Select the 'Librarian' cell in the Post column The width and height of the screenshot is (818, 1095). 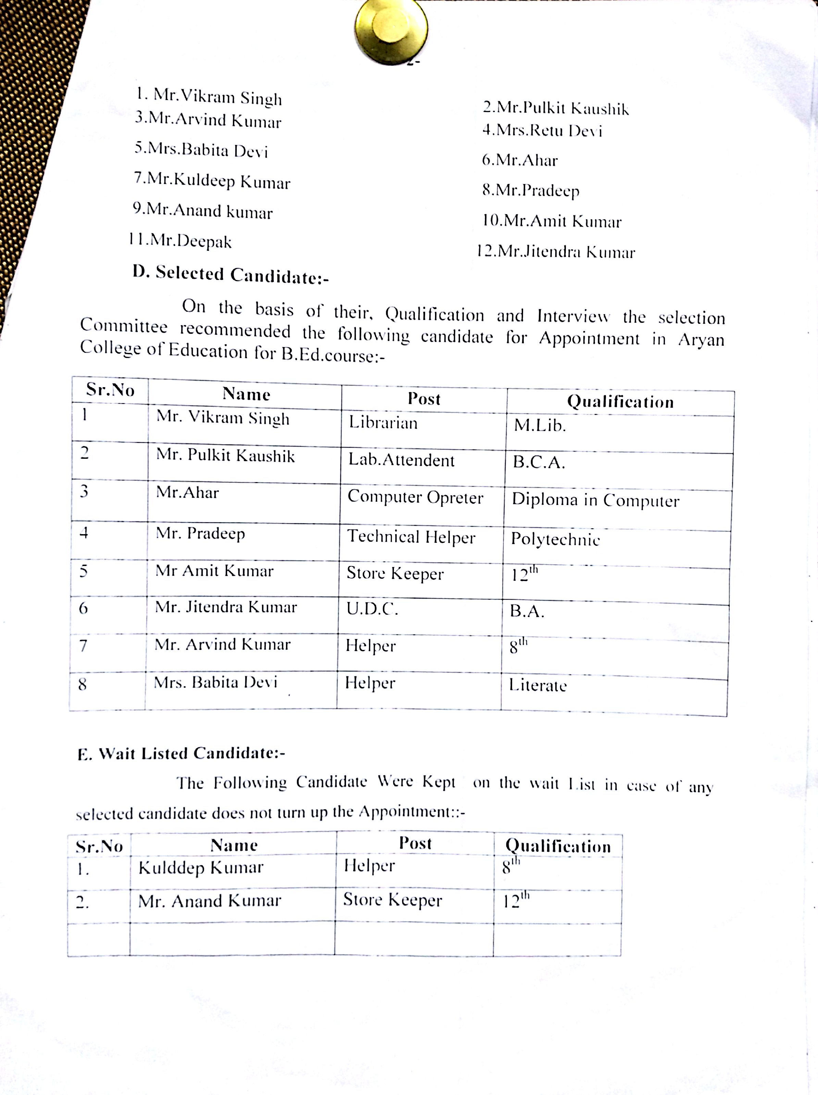tap(383, 423)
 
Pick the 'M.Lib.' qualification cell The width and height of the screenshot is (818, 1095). tap(540, 425)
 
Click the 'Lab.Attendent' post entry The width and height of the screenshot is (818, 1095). tap(401, 460)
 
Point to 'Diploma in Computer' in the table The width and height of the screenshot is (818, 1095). tap(595, 500)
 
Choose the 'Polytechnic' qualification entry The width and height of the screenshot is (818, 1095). tap(555, 539)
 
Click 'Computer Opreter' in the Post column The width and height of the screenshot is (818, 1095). tap(415, 497)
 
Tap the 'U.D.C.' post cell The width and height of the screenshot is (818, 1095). tap(372, 609)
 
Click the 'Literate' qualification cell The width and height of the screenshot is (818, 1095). tap(537, 686)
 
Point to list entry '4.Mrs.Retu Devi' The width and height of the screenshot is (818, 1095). tap(542, 131)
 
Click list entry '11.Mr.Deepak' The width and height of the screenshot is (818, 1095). tap(180, 241)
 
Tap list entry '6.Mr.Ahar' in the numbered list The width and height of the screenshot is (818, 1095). tap(520, 160)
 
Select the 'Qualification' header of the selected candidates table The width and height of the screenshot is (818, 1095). tap(620, 402)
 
